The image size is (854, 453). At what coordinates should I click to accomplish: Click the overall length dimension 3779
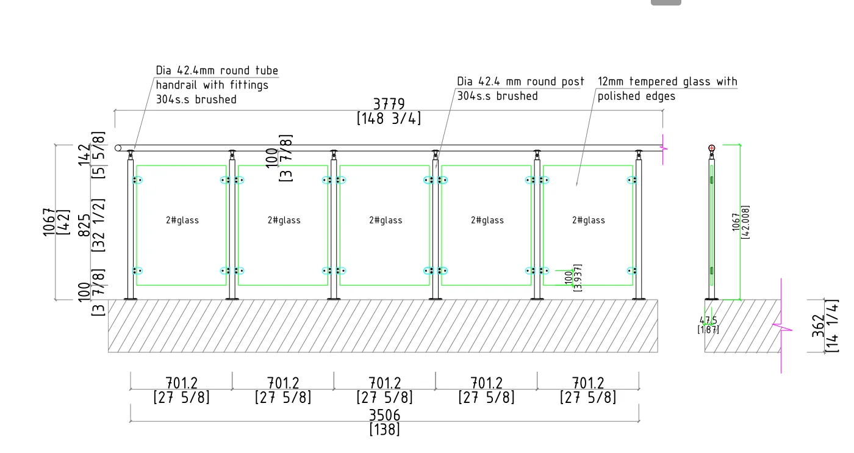click(389, 104)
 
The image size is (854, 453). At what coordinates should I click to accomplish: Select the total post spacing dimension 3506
click(385, 415)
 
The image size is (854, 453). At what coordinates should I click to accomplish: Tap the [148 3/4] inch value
click(389, 118)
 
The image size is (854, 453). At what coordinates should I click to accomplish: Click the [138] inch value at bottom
click(385, 430)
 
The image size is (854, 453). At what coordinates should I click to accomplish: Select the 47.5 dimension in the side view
click(708, 321)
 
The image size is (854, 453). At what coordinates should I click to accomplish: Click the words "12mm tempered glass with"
click(667, 82)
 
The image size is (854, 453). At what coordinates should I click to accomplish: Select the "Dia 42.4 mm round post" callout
click(520, 82)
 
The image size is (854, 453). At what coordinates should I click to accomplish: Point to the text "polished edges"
click(636, 96)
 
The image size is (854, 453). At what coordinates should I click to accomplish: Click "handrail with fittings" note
click(212, 85)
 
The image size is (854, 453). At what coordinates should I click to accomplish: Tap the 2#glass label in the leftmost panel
click(182, 220)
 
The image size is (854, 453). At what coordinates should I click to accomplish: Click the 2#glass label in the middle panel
click(386, 220)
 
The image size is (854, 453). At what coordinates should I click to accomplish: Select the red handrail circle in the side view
click(711, 148)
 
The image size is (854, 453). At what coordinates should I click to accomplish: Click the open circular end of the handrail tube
click(118, 148)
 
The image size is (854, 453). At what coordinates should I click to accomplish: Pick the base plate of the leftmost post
click(131, 299)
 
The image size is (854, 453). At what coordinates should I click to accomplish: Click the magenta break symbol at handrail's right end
click(664, 148)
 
